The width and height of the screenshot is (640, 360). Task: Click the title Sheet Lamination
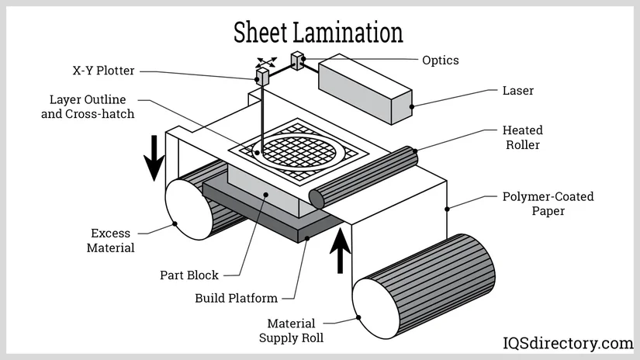319,32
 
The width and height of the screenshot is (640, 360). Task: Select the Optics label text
440,60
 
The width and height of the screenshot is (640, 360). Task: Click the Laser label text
518,91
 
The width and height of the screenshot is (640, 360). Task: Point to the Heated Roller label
523,137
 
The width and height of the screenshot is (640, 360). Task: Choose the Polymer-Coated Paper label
548,203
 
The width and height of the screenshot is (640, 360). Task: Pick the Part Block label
189,275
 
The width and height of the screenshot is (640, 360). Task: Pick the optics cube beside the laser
297,61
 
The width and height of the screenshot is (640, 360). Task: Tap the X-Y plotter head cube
264,76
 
